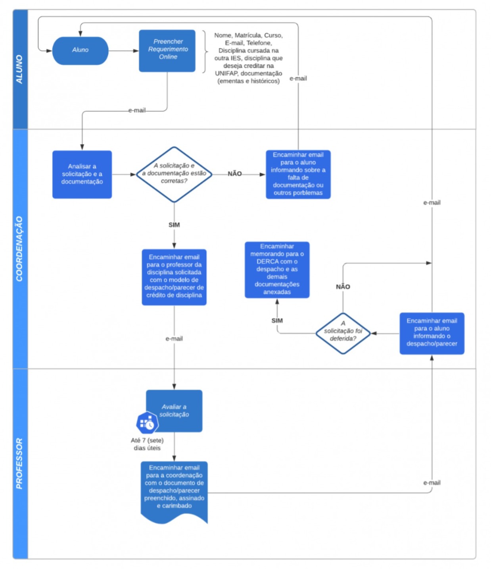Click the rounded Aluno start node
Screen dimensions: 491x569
tap(80, 51)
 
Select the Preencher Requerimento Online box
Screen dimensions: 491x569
tap(167, 51)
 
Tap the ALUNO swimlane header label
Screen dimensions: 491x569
tap(19, 69)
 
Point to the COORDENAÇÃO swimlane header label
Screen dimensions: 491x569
tap(19, 249)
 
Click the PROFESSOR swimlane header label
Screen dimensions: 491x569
tap(19, 463)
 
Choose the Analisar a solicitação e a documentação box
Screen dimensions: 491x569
tap(82, 174)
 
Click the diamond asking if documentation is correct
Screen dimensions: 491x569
tap(174, 174)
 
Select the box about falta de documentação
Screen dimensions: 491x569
tap(298, 174)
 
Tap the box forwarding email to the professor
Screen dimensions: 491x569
tap(174, 277)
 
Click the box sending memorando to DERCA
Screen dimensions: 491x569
tap(277, 270)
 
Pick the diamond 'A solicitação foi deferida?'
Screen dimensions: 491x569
tap(343, 334)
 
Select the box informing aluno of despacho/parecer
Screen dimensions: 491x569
tap(432, 334)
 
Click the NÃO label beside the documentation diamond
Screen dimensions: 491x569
tap(234, 174)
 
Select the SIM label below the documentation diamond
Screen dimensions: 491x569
tap(174, 225)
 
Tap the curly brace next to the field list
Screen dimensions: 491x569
tap(205, 52)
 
